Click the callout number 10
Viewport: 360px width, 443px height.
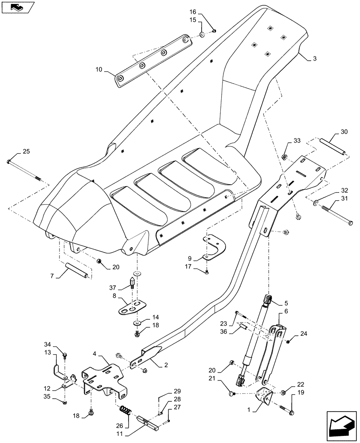[98, 70]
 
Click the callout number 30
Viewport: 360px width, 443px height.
[344, 132]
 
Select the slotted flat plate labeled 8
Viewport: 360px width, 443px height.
[133, 307]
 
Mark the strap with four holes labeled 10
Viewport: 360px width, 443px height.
[151, 60]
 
